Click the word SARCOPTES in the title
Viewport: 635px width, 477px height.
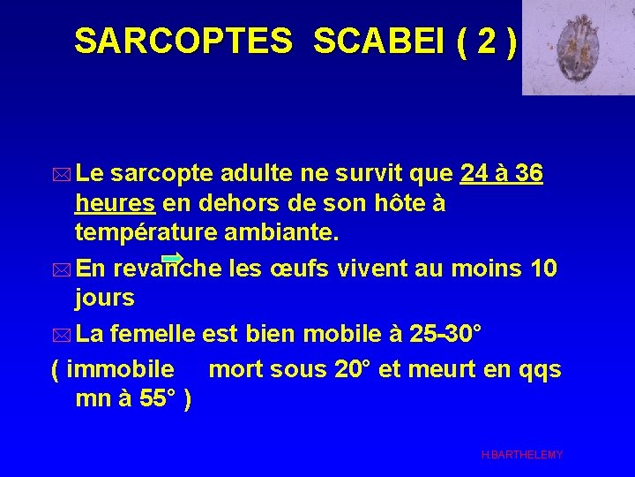183,41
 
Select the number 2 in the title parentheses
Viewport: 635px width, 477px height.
482,41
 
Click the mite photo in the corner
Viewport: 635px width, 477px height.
578,48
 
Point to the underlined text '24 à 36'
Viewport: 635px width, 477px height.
502,175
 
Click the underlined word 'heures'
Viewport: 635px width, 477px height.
116,204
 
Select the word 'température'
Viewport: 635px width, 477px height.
150,233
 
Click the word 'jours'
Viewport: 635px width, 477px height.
105,298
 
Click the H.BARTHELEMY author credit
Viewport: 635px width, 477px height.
522,454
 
